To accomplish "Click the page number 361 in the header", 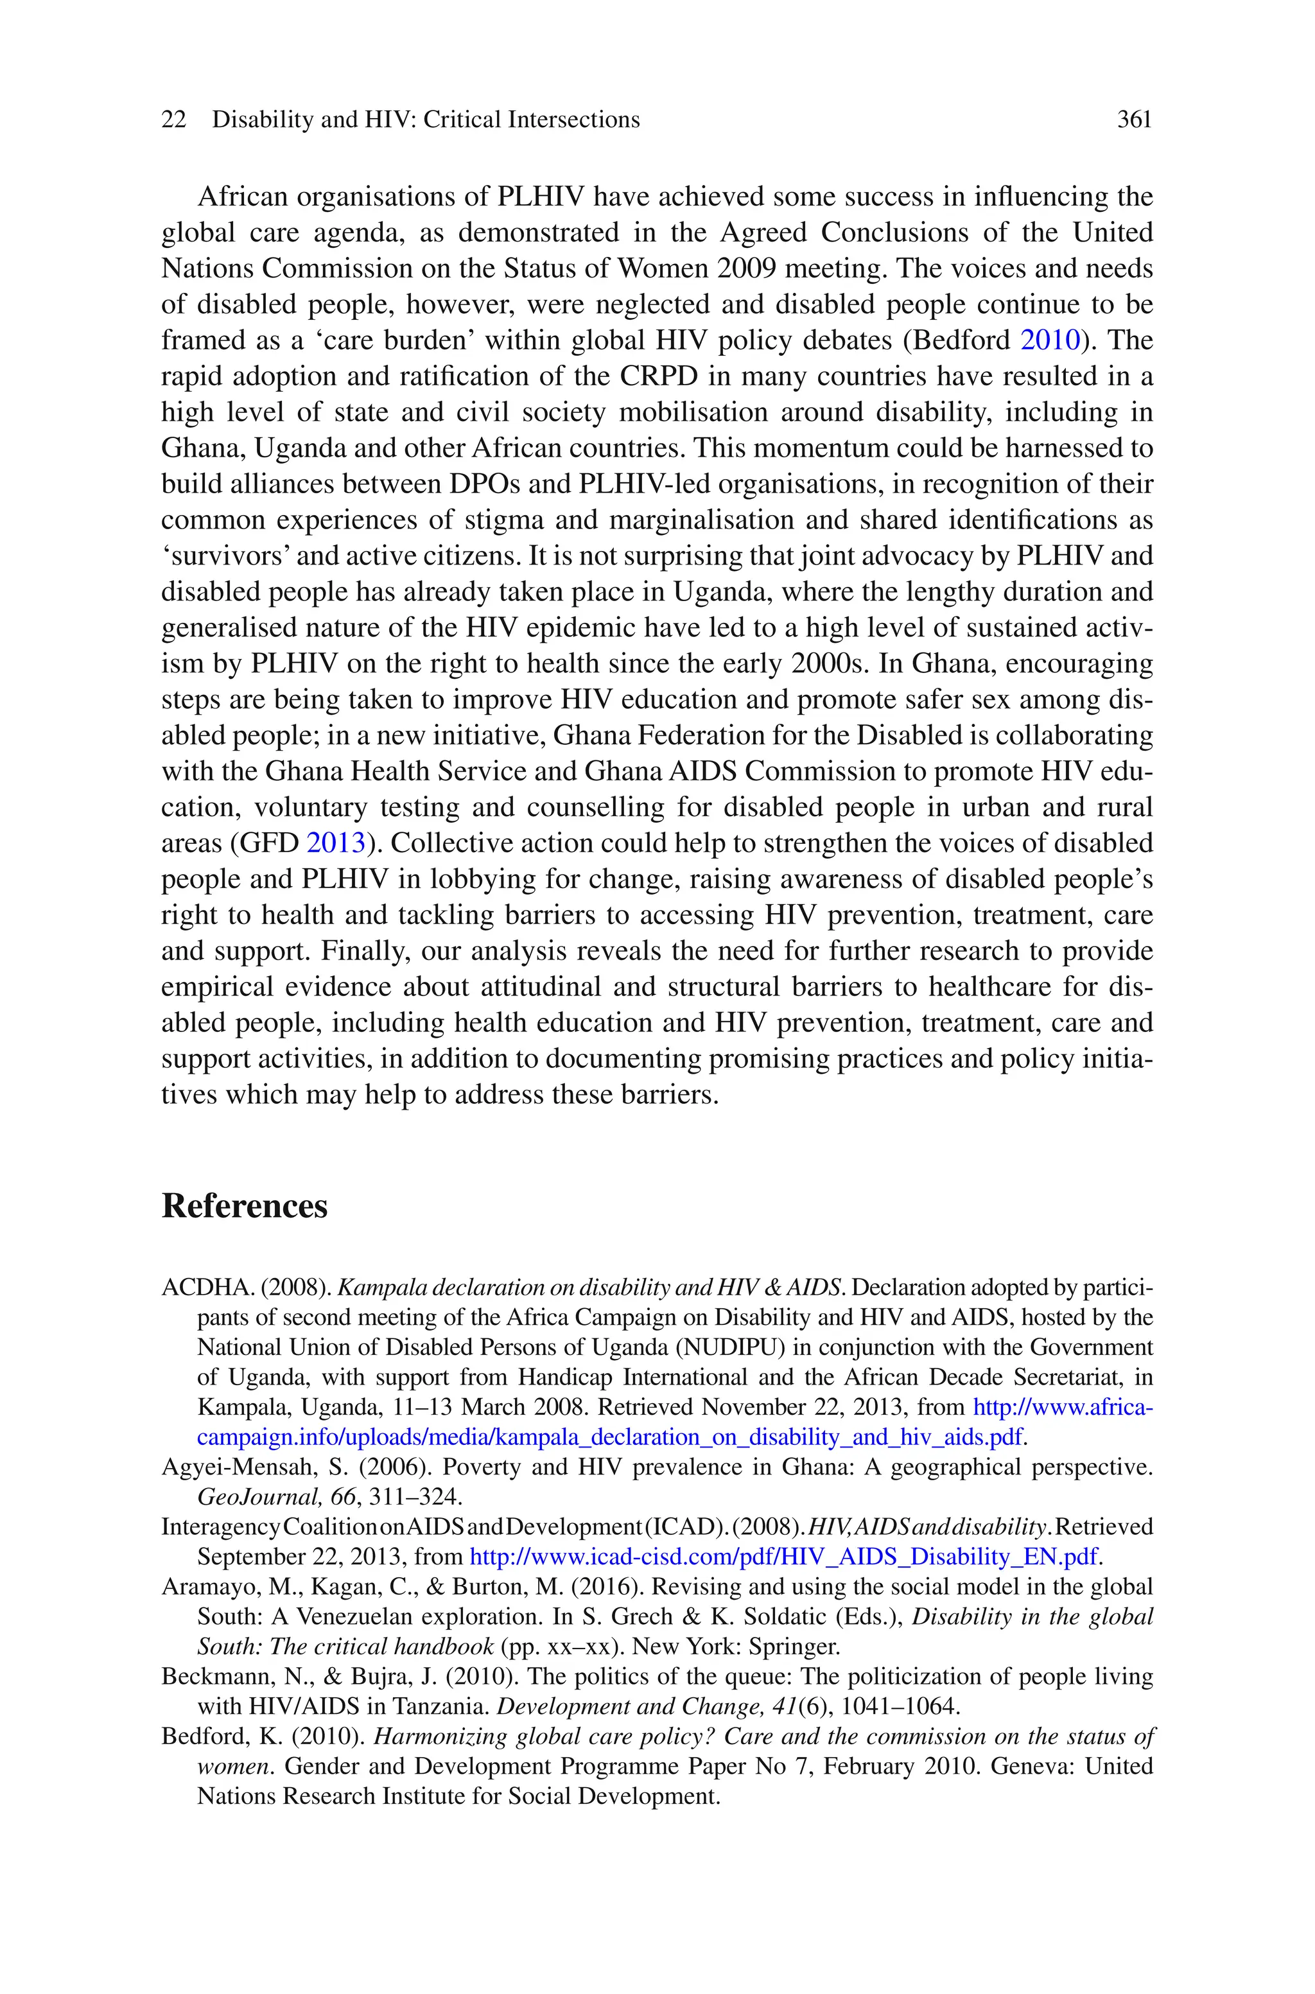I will (1134, 120).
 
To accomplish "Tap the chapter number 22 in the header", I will (173, 120).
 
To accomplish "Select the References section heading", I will (244, 1206).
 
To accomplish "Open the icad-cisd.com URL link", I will (783, 1557).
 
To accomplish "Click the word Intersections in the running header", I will (573, 120).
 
